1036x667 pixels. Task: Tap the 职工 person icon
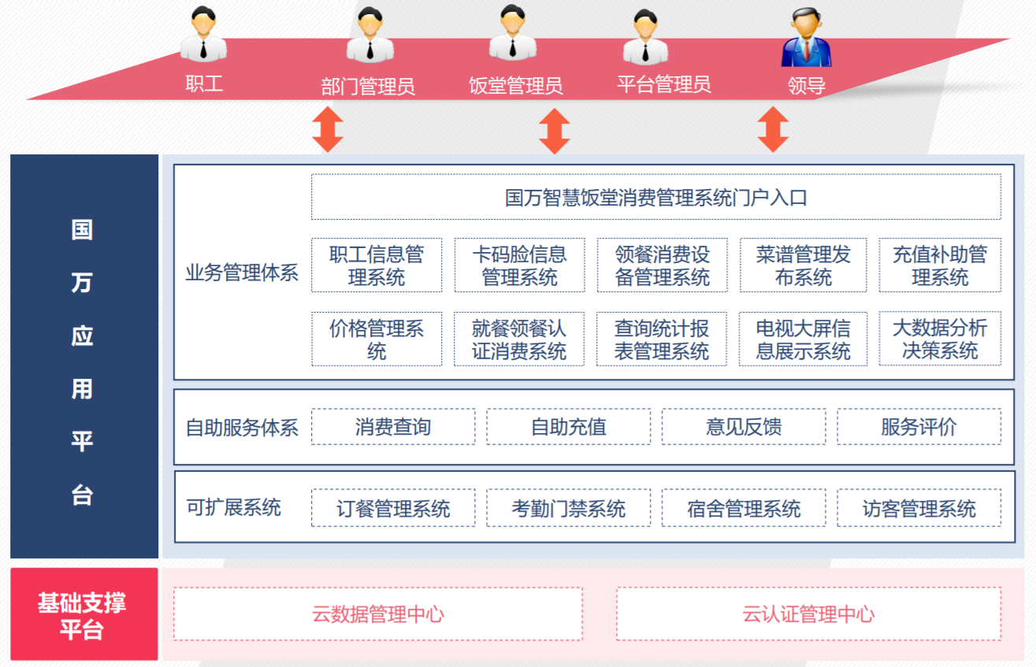(204, 35)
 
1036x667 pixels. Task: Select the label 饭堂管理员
(515, 86)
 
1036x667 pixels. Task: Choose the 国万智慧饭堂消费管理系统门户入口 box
(655, 197)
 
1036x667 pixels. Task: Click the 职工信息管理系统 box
(377, 265)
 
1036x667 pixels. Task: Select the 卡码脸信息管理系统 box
(519, 265)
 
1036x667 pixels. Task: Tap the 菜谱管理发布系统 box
(803, 265)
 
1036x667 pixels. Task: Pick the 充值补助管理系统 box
(940, 265)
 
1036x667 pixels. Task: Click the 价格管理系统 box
(377, 339)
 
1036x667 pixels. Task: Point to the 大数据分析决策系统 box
(940, 339)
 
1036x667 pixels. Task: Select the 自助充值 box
(568, 427)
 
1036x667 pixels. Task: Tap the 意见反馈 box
(744, 427)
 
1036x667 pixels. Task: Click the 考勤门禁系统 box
(568, 508)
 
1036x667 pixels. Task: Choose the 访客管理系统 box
(919, 508)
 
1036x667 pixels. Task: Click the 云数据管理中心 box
(378, 613)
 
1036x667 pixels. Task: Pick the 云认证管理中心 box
(808, 613)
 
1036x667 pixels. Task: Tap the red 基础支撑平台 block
(83, 614)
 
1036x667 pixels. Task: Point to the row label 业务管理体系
(242, 273)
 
